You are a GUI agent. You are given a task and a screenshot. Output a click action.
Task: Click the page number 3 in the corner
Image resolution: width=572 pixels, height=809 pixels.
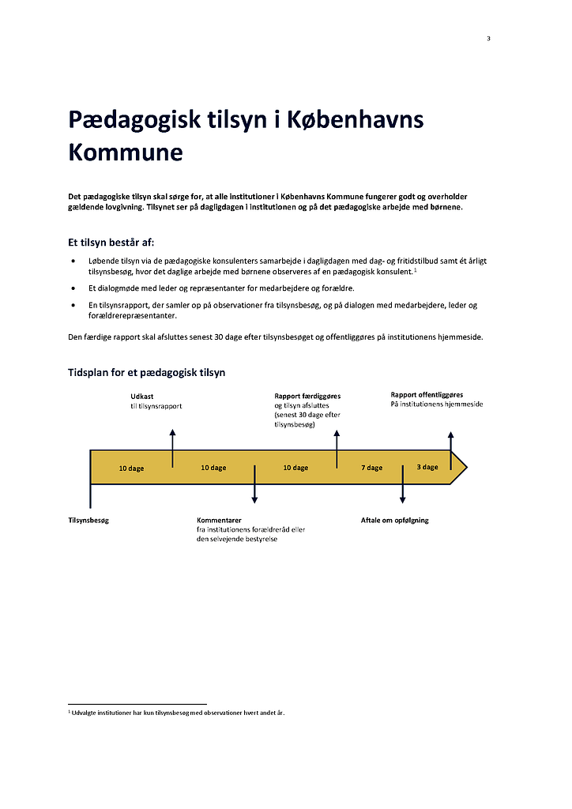[488, 39]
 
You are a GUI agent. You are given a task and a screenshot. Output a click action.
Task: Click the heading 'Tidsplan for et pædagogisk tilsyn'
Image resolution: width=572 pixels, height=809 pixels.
[146, 372]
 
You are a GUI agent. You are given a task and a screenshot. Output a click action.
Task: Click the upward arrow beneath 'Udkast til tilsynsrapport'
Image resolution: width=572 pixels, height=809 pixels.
[172, 446]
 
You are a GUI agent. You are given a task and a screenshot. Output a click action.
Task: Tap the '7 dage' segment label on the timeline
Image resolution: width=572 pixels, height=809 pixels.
[371, 468]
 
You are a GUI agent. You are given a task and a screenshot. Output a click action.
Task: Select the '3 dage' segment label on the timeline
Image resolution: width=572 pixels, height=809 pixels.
[427, 467]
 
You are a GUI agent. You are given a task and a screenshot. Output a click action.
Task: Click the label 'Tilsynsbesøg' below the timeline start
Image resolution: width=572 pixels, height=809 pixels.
[88, 521]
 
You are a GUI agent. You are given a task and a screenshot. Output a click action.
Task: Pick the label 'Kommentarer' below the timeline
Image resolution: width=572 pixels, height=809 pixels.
[219, 521]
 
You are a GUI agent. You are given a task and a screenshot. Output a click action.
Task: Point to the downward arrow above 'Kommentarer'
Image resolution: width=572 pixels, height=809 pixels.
[254, 484]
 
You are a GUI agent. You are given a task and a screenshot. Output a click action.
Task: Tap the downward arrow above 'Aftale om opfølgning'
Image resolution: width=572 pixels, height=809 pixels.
[402, 484]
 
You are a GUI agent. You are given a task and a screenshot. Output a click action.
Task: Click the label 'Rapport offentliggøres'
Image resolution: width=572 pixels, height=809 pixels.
[427, 394]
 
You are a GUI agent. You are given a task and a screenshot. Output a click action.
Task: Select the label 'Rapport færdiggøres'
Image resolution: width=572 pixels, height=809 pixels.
[307, 396]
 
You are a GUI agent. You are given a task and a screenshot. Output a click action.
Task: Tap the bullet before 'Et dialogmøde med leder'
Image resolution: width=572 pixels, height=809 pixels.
[73, 288]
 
